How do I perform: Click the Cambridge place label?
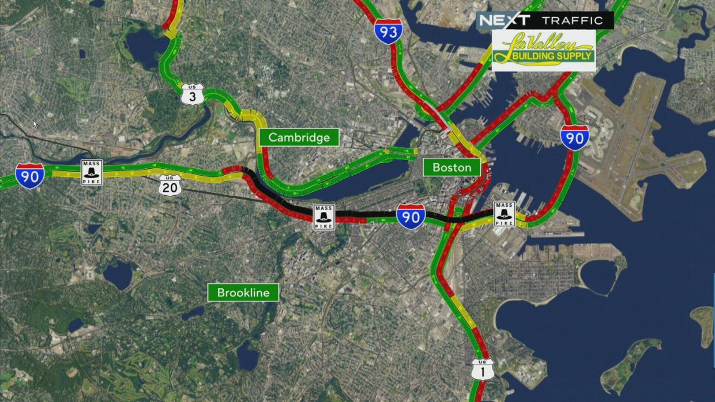[x=299, y=138]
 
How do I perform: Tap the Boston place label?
[x=452, y=168]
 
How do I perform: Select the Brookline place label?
[x=243, y=293]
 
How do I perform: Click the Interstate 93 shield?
[x=388, y=32]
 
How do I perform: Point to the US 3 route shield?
[x=192, y=94]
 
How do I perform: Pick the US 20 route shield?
[x=170, y=185]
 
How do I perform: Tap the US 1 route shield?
[x=482, y=369]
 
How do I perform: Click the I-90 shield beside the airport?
[x=574, y=138]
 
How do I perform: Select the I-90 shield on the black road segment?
[x=411, y=217]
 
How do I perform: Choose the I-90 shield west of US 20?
[x=29, y=176]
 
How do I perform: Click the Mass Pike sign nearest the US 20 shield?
[x=92, y=172]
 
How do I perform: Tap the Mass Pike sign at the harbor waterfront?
[x=504, y=214]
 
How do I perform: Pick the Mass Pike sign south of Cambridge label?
[x=323, y=217]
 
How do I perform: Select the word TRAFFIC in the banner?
[x=571, y=21]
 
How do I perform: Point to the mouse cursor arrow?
[x=35, y=124]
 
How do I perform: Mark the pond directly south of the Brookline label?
[x=247, y=357]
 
